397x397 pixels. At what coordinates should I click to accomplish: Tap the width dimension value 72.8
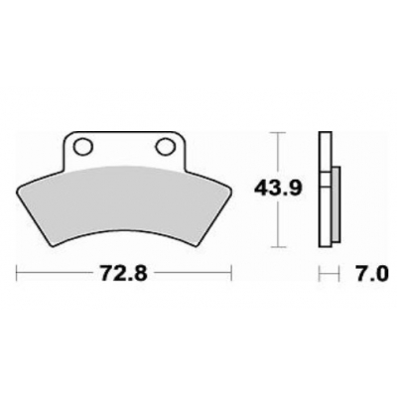coord(124,271)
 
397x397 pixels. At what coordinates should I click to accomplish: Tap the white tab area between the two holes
coord(124,149)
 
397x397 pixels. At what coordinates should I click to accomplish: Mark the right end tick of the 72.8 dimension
coord(231,271)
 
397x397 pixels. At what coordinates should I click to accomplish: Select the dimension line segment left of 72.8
coord(55,271)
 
